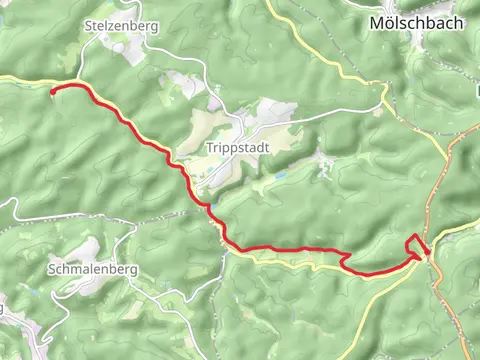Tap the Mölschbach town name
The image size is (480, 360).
point(417,21)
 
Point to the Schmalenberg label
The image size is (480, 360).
point(91,268)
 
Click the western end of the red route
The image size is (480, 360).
point(52,90)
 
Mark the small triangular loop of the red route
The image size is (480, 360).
point(416,244)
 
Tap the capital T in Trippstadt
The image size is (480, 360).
point(210,147)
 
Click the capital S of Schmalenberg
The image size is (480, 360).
point(51,268)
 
